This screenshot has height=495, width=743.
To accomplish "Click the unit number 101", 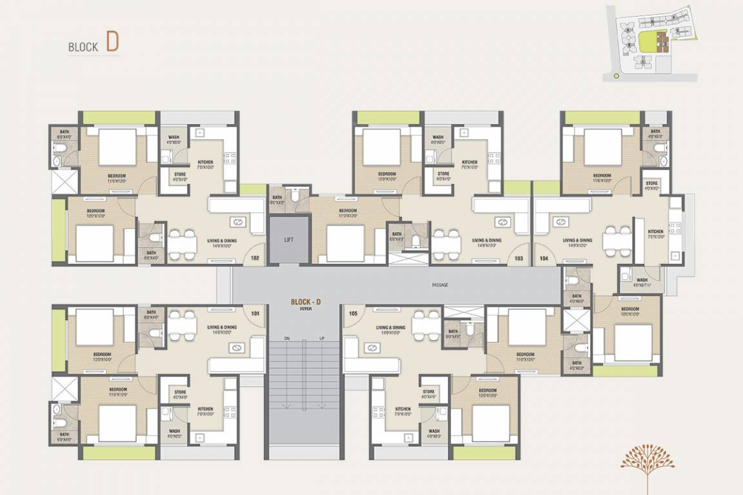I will pos(255,315).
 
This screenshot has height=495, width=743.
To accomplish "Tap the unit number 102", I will pos(255,258).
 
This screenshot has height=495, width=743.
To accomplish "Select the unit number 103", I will pos(519,258).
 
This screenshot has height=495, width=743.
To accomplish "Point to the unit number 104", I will pos(544,258).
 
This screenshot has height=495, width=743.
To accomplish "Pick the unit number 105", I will pos(353,314).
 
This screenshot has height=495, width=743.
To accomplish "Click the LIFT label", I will pos(289,240).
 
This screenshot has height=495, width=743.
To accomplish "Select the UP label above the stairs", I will pos(321,338).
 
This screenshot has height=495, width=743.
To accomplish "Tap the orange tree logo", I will pos(647,463).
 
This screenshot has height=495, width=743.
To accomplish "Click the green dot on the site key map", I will pos(616,76).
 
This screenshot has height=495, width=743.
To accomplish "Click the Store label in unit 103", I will pos(443,175).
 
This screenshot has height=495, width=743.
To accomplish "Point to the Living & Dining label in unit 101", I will pos(222,329).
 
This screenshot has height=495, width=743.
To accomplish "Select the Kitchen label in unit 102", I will pos(205,162).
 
